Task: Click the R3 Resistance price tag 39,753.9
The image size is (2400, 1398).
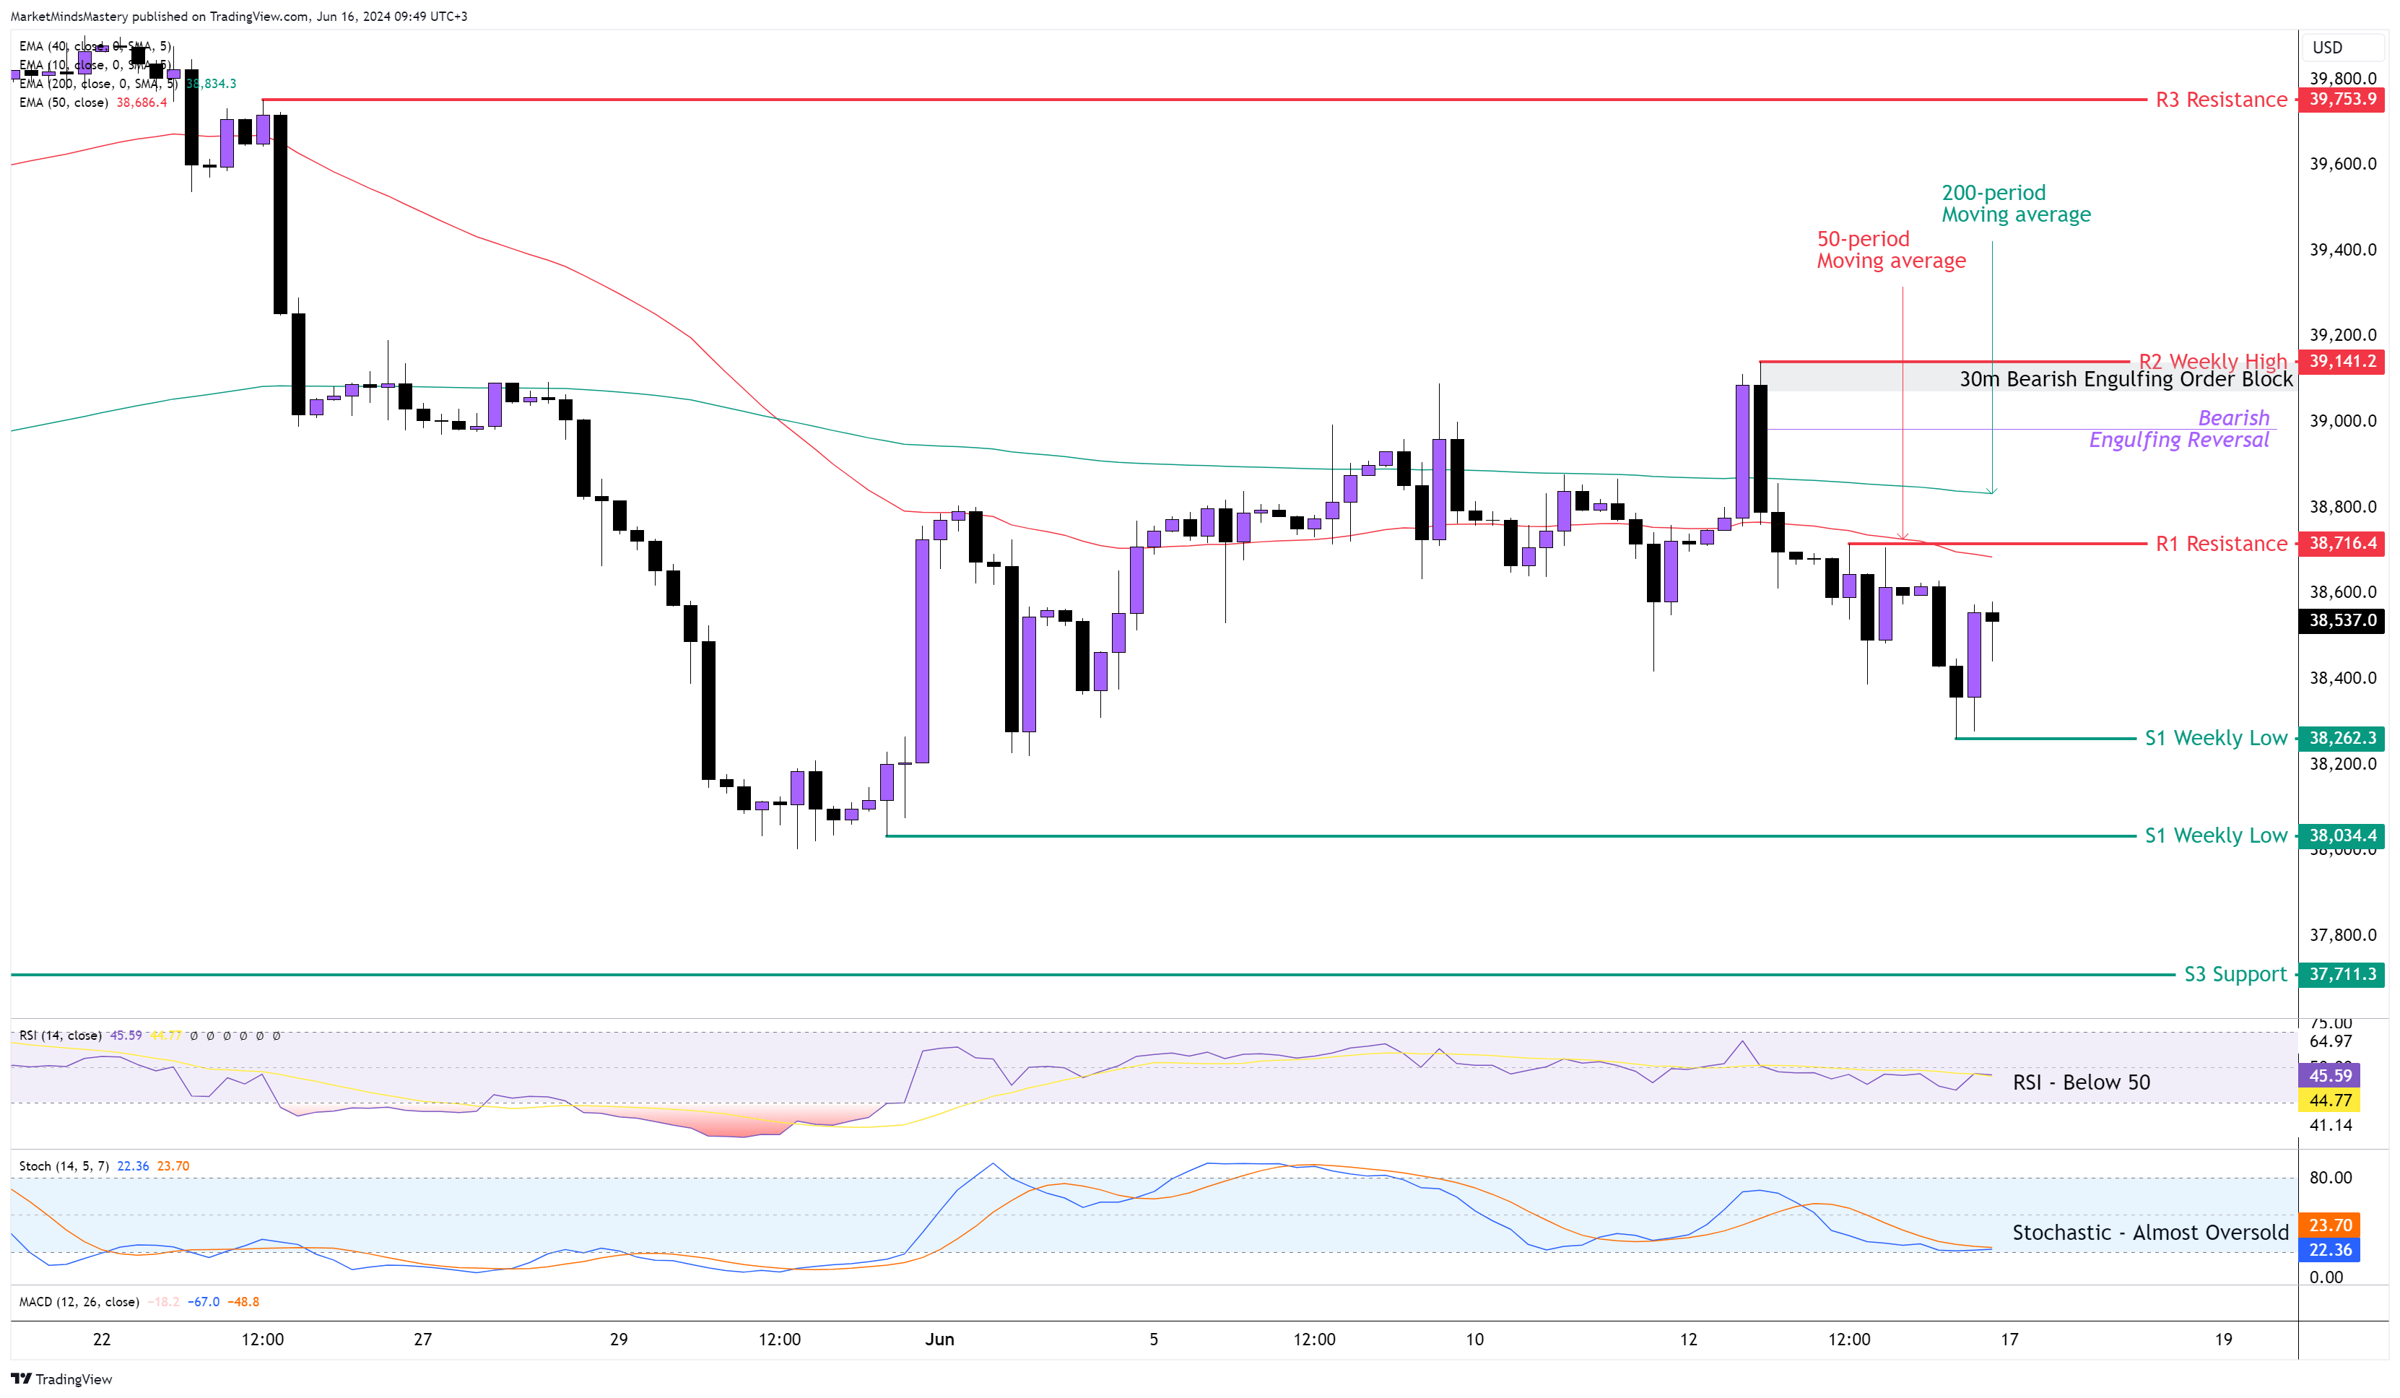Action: click(2342, 99)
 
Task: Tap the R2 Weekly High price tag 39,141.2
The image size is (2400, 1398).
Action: click(2342, 361)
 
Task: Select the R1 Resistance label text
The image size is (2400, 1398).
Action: click(2220, 544)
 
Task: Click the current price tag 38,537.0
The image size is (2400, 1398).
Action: click(2342, 620)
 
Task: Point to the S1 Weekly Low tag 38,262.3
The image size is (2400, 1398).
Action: click(2342, 738)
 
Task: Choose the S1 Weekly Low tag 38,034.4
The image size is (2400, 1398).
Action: click(2342, 835)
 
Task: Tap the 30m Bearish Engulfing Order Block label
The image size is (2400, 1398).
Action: click(2125, 379)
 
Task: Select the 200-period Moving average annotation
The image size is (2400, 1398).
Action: click(2015, 204)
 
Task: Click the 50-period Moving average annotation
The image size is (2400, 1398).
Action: click(1890, 250)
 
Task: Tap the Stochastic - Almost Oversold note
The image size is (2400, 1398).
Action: click(2149, 1233)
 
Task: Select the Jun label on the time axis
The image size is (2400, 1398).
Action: click(939, 1339)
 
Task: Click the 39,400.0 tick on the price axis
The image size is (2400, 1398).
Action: click(2342, 250)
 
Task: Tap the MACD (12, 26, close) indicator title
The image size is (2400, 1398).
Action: click(79, 1302)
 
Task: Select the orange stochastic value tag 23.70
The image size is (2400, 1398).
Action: click(2329, 1225)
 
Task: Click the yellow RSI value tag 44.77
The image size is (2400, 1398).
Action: click(2329, 1100)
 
